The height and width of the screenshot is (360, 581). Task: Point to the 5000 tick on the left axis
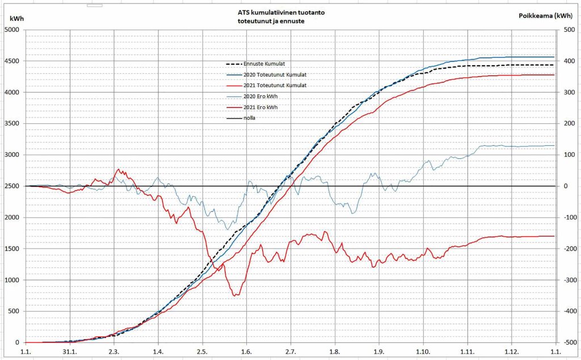(12, 30)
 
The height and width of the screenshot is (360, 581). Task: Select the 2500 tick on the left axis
(12, 186)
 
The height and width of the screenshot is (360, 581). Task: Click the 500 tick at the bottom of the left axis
(14, 311)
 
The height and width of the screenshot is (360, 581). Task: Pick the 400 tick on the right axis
(566, 61)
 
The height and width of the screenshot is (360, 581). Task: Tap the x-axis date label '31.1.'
(69, 351)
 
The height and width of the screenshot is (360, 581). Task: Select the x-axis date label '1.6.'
(246, 351)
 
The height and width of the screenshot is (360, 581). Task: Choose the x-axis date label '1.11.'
(467, 351)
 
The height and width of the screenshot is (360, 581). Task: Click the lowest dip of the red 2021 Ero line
(235, 295)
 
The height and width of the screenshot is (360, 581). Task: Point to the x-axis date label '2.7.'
(290, 351)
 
